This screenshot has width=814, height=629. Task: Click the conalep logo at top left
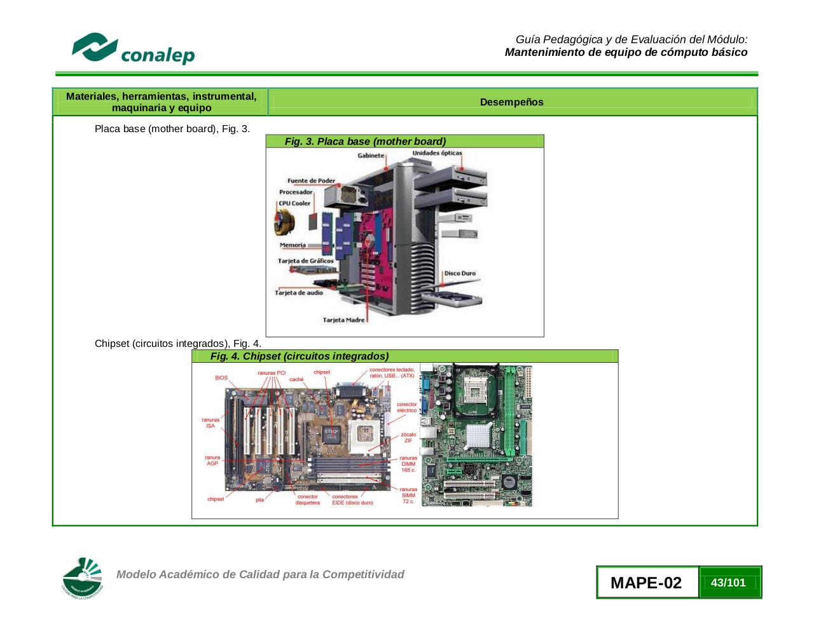133,49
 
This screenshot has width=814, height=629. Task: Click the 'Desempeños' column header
511,102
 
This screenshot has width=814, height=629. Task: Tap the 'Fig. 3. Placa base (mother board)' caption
365,142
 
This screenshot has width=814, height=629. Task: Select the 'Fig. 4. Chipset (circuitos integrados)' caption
300,356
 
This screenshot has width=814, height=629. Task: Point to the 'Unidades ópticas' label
437,153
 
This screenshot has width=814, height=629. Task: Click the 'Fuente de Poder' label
311,181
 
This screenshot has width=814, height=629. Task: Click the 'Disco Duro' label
460,274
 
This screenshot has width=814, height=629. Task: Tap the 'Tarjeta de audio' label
299,293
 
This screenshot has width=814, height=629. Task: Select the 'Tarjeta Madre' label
343,320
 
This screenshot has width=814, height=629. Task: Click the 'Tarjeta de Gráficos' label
305,261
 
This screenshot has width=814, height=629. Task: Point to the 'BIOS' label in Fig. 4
221,378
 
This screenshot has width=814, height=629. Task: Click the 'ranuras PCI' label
272,373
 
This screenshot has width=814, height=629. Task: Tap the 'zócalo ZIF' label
408,438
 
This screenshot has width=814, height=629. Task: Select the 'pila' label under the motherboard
259,500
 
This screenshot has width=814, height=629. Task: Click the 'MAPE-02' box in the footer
646,583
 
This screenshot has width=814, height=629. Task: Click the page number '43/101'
728,583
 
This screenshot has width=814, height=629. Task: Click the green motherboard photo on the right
476,435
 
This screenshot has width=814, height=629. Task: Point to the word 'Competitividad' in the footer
363,574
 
